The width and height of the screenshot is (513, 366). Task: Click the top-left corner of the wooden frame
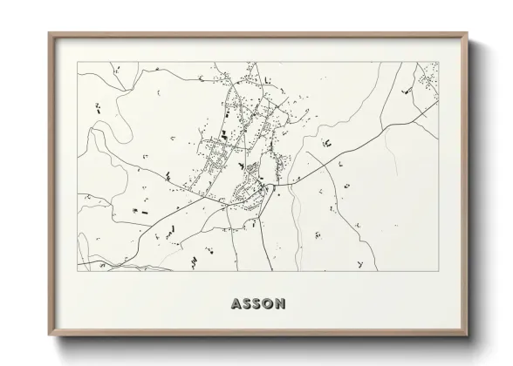point(49,34)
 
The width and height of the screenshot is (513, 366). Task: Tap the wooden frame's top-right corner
point(467,34)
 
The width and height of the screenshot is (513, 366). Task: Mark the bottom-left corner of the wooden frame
point(49,335)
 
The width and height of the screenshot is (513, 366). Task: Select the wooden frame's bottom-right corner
point(467,335)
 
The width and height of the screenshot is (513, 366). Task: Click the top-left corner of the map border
point(77,62)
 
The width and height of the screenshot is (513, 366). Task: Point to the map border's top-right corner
point(439,62)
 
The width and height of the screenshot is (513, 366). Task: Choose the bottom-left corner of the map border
point(77,271)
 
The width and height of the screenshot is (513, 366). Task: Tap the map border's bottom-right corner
point(439,271)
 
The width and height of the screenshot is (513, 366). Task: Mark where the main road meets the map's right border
point(439,104)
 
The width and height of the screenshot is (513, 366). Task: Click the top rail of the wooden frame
point(257,36)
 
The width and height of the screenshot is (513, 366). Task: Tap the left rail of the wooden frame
point(51,183)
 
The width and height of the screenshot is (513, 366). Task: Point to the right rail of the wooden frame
point(465,183)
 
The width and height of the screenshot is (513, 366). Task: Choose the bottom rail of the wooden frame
point(257,333)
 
